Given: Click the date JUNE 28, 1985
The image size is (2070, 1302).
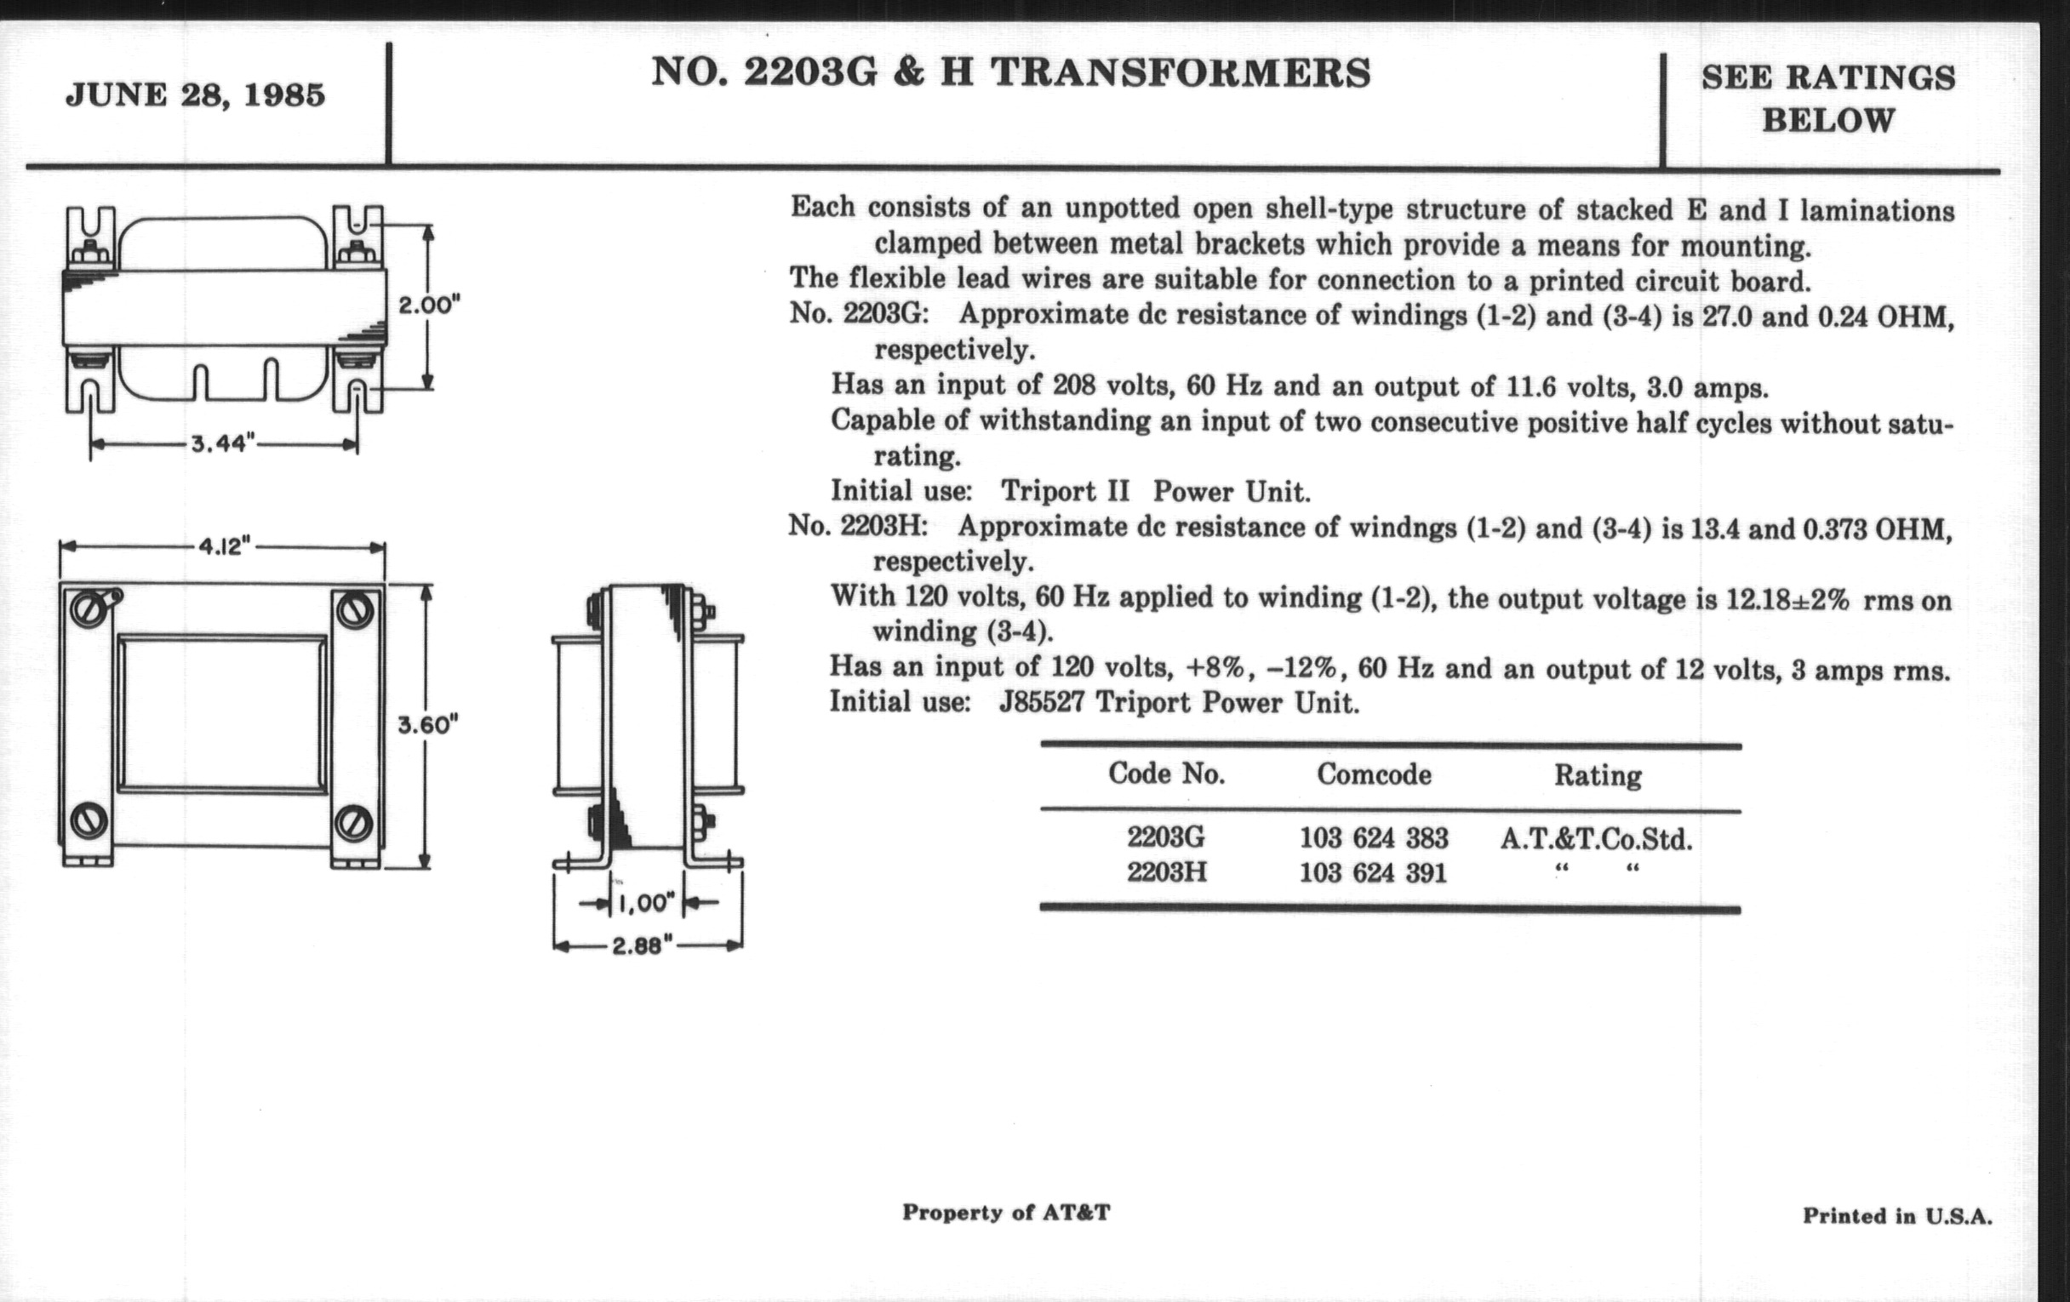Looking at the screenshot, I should (x=195, y=94).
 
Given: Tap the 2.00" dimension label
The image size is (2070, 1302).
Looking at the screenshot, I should (x=429, y=306).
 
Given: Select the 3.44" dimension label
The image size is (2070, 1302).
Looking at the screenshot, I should (x=224, y=443).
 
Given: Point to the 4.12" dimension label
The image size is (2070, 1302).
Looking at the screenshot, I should (x=224, y=546).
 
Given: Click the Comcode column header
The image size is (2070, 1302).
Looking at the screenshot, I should (x=1374, y=775).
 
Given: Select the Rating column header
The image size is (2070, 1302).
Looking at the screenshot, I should (x=1598, y=776).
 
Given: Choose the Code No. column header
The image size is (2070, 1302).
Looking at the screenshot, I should (x=1166, y=774).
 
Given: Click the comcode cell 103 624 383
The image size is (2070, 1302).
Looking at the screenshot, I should (x=1373, y=838).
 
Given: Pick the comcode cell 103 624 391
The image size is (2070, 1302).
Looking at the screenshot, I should (x=1373, y=873).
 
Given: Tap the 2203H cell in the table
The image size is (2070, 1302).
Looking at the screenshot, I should (x=1167, y=872).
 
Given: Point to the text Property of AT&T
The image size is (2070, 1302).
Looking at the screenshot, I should (x=1006, y=1213).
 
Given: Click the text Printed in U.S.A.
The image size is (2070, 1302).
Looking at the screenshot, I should (x=1896, y=1216).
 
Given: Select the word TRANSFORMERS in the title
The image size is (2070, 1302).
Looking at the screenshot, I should (x=1181, y=73).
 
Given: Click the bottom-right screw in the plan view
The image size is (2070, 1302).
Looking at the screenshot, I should (x=354, y=822).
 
